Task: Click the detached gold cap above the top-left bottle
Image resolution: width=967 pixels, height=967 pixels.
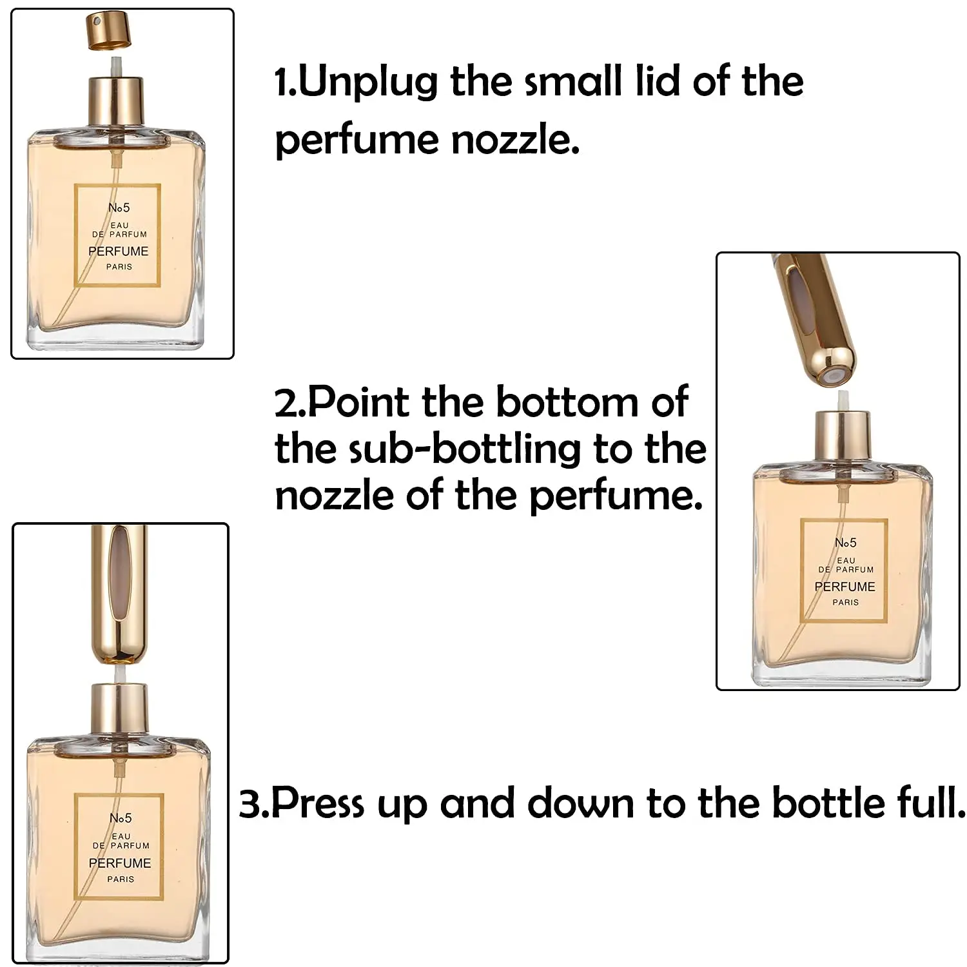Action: [x=108, y=32]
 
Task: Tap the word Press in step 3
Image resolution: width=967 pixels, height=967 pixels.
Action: [x=317, y=803]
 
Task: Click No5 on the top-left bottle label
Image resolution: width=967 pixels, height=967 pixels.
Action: [x=119, y=208]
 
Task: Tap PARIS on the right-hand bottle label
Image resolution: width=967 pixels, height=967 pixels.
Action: [x=845, y=602]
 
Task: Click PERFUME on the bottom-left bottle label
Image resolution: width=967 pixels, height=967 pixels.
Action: [x=120, y=863]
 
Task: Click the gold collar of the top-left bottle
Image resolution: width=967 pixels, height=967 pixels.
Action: [x=116, y=100]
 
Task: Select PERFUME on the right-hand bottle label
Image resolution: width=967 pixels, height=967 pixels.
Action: [x=845, y=587]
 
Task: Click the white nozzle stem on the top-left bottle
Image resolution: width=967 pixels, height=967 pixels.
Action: [x=116, y=66]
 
